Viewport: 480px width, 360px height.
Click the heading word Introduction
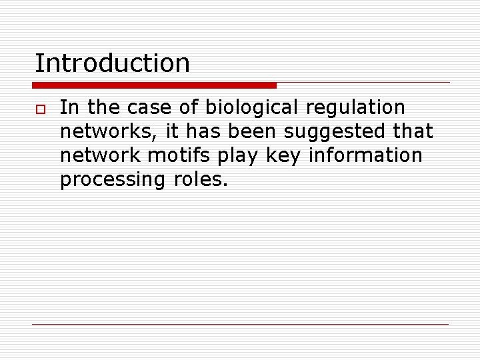pos(112,63)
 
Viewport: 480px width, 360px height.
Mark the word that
pos(413,131)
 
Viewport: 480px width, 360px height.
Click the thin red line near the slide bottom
pos(240,325)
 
